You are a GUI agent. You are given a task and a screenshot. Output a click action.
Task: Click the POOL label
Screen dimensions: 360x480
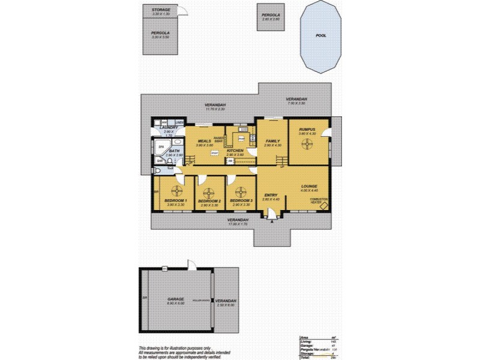tap(322, 35)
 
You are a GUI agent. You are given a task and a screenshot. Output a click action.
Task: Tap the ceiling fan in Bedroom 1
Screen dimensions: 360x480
tap(177, 192)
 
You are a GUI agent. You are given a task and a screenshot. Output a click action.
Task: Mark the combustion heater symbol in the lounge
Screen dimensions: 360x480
tap(323, 206)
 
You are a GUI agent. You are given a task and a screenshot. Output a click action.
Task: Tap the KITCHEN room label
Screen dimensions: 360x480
tap(235, 150)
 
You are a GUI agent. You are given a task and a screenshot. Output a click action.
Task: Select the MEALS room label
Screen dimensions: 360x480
tap(204, 141)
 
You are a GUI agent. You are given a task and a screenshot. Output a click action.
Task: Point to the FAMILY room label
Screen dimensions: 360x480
tap(273, 141)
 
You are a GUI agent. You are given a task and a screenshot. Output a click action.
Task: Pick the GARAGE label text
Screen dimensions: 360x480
tap(175, 299)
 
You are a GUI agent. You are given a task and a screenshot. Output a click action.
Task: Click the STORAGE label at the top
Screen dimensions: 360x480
tap(160, 10)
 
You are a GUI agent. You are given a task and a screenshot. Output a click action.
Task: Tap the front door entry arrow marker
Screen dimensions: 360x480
tap(272, 222)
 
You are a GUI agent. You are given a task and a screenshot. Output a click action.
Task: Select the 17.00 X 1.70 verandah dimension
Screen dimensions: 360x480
tap(238, 225)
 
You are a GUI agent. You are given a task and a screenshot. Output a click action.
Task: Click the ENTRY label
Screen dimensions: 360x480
tap(271, 195)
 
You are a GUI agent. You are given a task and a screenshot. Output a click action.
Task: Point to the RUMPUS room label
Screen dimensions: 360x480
tap(307, 128)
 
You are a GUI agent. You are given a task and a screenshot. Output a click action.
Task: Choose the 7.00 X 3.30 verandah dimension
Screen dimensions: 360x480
tap(296, 103)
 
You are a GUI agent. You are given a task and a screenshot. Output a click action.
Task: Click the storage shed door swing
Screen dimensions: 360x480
tap(182, 11)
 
